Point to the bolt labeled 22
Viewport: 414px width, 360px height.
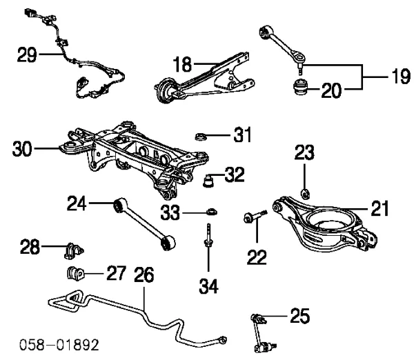click(254, 220)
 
